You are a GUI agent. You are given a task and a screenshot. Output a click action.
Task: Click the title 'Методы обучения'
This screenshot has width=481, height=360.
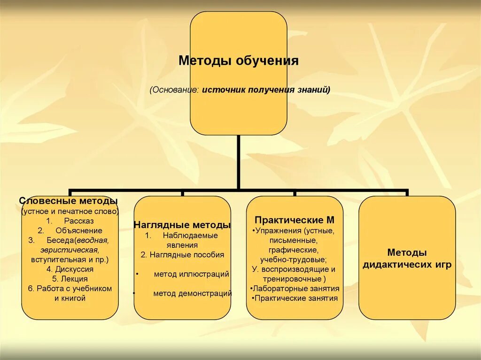[x=238, y=61]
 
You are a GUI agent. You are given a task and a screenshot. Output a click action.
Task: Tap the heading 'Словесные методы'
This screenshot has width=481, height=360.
[x=69, y=201]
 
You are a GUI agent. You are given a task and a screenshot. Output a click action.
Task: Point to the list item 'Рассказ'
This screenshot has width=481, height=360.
[x=79, y=221]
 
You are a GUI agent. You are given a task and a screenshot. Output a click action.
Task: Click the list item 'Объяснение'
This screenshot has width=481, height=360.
[x=78, y=230]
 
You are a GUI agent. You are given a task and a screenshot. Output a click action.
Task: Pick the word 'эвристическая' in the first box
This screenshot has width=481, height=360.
[x=69, y=250]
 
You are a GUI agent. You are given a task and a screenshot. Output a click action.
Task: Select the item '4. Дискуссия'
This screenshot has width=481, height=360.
[x=70, y=269]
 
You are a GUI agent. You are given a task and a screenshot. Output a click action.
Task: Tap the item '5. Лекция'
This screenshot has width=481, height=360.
[x=70, y=279]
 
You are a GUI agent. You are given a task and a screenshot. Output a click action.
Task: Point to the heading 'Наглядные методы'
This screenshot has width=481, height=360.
[x=182, y=225]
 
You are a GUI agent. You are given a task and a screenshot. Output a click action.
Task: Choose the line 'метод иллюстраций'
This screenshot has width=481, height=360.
[x=191, y=274]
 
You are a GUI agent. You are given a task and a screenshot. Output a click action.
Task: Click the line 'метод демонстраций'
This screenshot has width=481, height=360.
[x=192, y=294]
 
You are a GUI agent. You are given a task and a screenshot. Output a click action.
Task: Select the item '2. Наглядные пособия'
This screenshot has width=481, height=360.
[x=182, y=255]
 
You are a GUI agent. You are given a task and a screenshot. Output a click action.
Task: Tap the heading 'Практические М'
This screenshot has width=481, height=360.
[x=295, y=220]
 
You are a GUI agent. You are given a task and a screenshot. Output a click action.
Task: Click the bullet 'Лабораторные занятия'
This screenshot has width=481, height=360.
[x=294, y=289]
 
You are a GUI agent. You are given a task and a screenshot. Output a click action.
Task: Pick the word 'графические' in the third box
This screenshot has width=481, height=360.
[x=294, y=250]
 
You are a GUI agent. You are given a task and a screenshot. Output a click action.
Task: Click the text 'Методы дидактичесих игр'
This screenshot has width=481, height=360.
[x=407, y=259]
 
